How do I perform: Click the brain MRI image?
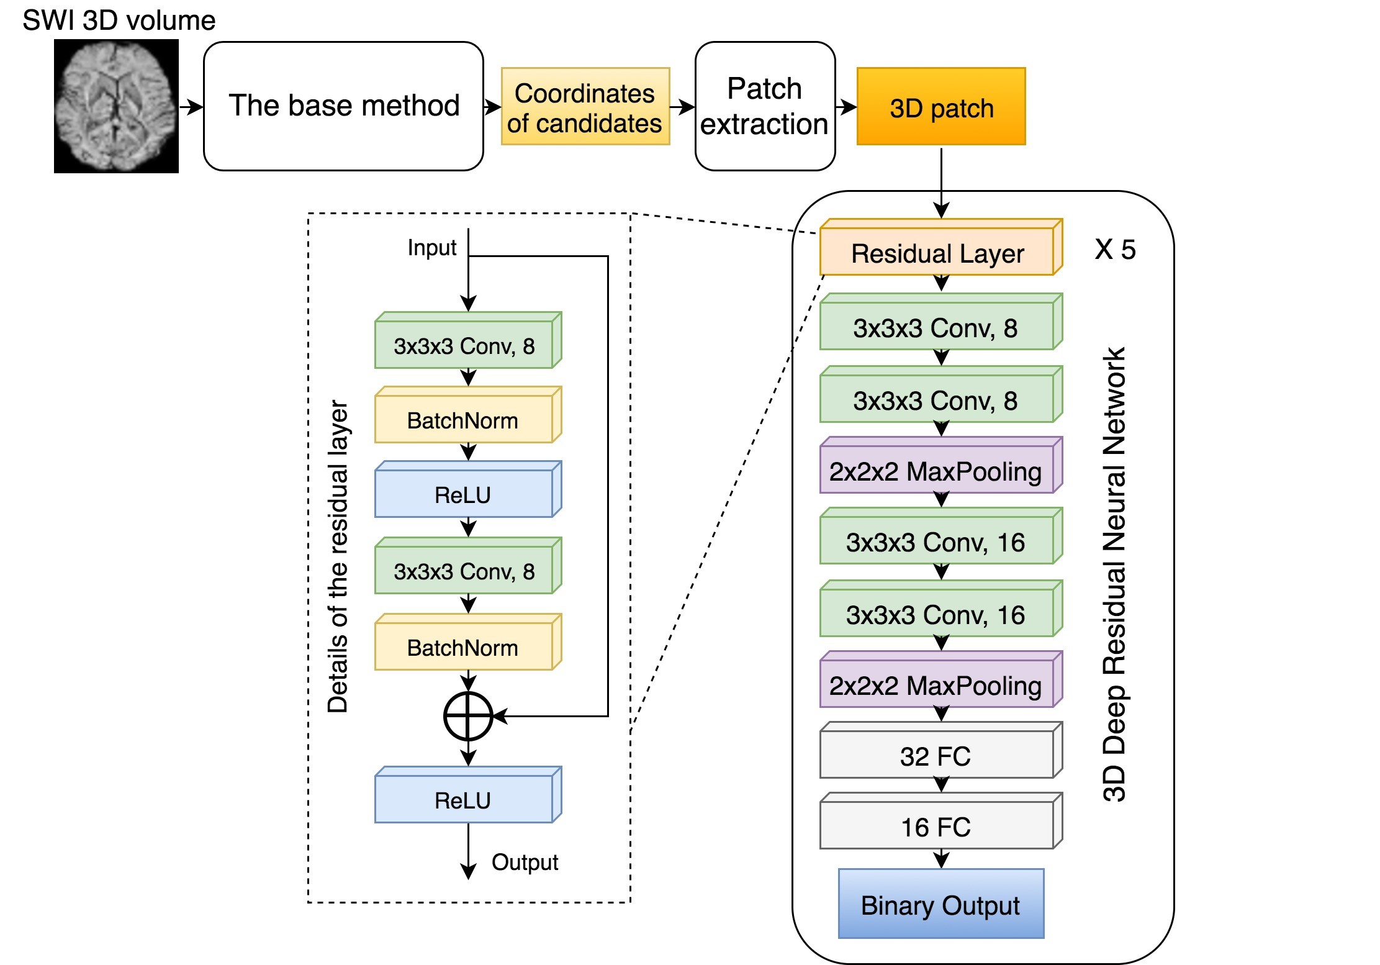(x=116, y=106)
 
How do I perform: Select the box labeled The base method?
(x=343, y=106)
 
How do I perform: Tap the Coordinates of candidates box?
(x=585, y=107)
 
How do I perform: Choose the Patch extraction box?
(x=764, y=106)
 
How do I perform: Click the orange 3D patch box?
(x=940, y=107)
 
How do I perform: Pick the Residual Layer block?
(x=937, y=253)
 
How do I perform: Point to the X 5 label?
(x=1115, y=250)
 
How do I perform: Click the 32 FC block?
(x=936, y=756)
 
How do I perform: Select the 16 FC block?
(x=936, y=827)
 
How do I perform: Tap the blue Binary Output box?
(x=940, y=905)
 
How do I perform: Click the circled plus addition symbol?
(x=468, y=716)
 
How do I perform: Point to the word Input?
(x=431, y=247)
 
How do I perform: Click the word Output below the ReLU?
(x=525, y=862)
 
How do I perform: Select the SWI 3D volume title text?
(x=119, y=20)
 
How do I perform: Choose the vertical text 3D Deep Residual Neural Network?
(x=1114, y=574)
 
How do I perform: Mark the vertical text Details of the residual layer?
(x=338, y=556)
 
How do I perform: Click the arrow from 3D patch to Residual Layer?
(x=941, y=183)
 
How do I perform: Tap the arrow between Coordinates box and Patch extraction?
(x=682, y=107)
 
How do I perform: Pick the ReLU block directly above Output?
(x=463, y=800)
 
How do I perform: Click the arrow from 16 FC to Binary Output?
(x=941, y=859)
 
